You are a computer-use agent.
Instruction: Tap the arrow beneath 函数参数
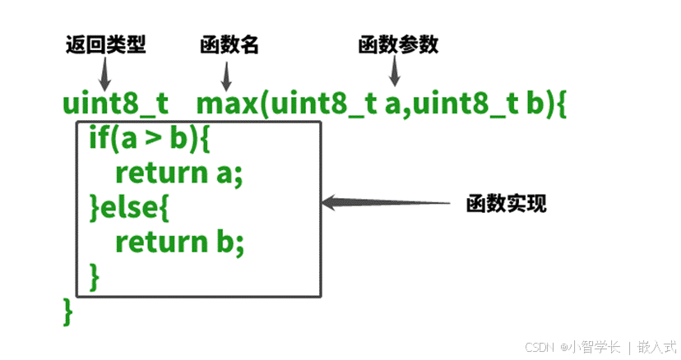(x=395, y=73)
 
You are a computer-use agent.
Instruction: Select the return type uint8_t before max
(x=115, y=105)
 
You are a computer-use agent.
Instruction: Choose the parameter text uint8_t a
(x=334, y=105)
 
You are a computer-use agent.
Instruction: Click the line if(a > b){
(x=150, y=141)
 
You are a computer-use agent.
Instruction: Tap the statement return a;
(x=180, y=174)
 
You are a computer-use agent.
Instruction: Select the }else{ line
(x=129, y=209)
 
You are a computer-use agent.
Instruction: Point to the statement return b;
(x=180, y=242)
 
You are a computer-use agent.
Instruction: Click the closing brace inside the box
(x=94, y=276)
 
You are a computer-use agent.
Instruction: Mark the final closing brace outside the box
(x=67, y=312)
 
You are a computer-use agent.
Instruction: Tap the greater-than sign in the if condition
(x=150, y=141)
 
